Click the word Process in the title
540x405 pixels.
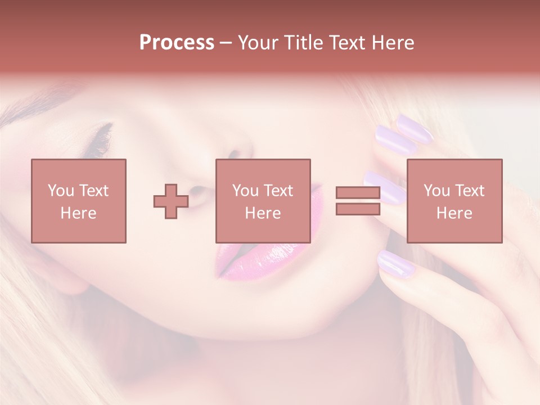(177, 43)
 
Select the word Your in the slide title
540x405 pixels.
(257, 43)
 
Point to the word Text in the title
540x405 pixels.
(347, 43)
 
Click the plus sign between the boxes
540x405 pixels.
(171, 201)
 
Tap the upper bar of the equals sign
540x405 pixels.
(358, 192)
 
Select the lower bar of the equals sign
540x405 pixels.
(358, 209)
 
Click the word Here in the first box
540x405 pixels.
(78, 213)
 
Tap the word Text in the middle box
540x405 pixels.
(278, 191)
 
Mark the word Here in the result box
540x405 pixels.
(454, 213)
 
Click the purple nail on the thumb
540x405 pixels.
(395, 262)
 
